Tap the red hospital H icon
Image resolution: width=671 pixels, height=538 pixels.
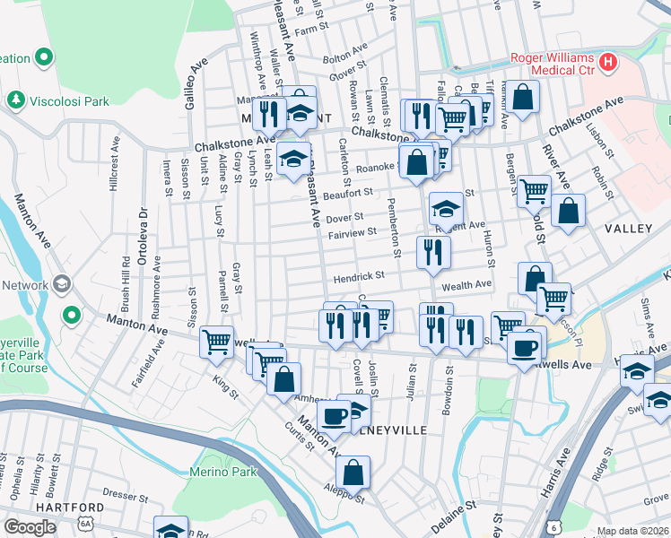click(x=609, y=63)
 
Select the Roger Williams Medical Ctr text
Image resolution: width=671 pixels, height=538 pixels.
click(x=553, y=64)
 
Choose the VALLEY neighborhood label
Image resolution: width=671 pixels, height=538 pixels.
click(x=628, y=229)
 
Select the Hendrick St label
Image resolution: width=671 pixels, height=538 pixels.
click(x=359, y=277)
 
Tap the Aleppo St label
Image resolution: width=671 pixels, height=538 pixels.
click(x=345, y=495)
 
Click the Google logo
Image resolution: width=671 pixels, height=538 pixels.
click(x=30, y=526)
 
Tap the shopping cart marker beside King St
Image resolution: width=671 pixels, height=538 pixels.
click(x=217, y=342)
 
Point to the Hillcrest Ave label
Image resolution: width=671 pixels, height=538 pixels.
click(x=114, y=164)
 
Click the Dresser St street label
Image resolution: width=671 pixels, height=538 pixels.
click(x=118, y=492)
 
